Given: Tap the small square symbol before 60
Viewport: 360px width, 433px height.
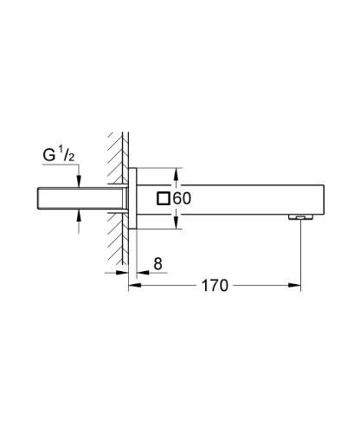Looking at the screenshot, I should (x=162, y=198).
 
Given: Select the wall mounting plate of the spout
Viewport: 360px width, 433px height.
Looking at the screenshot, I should (x=132, y=198).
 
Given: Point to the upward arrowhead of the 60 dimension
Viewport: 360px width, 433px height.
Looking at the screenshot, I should (x=177, y=172).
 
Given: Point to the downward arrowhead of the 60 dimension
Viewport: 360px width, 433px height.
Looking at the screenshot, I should (x=177, y=224).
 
